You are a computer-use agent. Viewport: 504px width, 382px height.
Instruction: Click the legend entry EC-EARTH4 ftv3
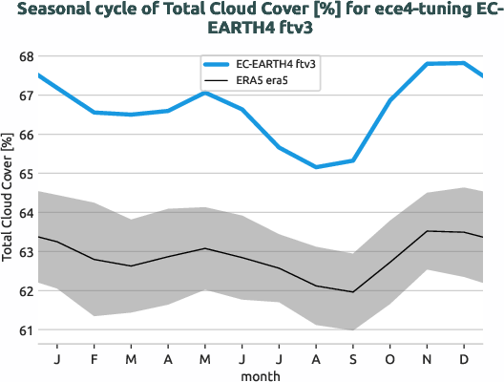pyautogui.click(x=276, y=63)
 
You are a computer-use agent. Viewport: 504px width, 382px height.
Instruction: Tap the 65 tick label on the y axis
pyautogui.click(x=24, y=174)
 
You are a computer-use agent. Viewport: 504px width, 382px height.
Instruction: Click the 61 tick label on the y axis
pyautogui.click(x=24, y=330)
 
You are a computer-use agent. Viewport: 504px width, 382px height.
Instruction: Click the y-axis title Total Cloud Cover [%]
pyautogui.click(x=9, y=195)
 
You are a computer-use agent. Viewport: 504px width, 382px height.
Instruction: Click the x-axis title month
pyautogui.click(x=260, y=375)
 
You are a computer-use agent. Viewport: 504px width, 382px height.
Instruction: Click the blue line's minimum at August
pyautogui.click(x=316, y=167)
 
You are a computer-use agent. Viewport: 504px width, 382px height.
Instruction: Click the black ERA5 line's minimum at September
pyautogui.click(x=353, y=292)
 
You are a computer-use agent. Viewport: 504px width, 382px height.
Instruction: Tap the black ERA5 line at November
pyautogui.click(x=427, y=231)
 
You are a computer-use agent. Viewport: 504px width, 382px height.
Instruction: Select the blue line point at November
pyautogui.click(x=427, y=64)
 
